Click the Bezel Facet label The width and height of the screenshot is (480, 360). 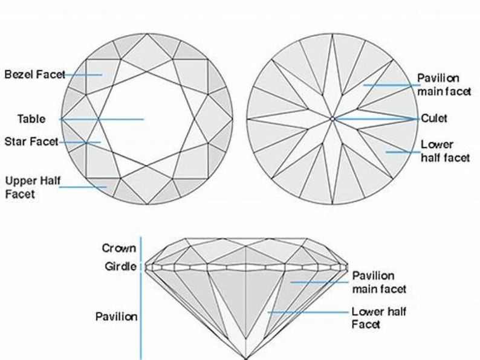pyautogui.click(x=34, y=75)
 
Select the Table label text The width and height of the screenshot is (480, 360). pyautogui.click(x=31, y=119)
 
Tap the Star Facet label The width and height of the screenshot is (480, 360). pyautogui.click(x=31, y=142)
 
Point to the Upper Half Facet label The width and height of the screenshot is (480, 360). pyautogui.click(x=28, y=187)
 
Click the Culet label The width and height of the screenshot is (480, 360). pyautogui.click(x=434, y=118)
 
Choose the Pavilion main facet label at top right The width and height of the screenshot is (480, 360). pyautogui.click(x=438, y=85)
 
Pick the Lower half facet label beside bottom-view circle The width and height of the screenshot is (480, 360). pyautogui.click(x=445, y=151)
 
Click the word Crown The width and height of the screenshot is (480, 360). pyautogui.click(x=119, y=248)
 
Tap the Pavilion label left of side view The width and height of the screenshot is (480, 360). pyautogui.click(x=116, y=317)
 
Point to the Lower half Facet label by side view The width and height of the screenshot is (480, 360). pyautogui.click(x=379, y=318)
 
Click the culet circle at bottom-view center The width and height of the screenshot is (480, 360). pyautogui.click(x=332, y=119)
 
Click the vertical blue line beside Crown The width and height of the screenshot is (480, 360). pyautogui.click(x=141, y=249)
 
